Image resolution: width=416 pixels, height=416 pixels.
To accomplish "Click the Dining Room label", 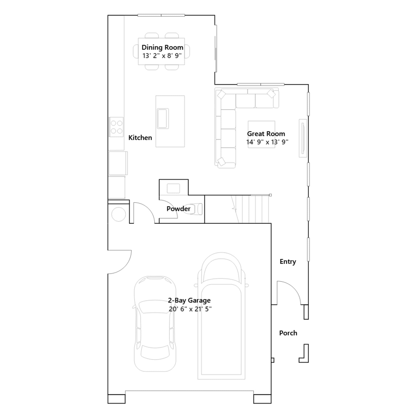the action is (162, 47).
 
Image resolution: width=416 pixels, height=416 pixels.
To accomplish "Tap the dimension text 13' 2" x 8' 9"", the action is (162, 56).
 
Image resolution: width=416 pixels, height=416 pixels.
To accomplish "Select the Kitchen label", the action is (140, 138).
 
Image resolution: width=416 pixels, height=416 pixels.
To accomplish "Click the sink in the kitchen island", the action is (163, 119).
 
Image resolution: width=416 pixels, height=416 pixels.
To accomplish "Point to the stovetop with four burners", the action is (116, 127).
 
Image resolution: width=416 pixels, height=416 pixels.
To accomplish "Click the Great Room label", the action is (266, 134).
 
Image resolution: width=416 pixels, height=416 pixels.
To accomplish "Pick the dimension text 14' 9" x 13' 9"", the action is (267, 142).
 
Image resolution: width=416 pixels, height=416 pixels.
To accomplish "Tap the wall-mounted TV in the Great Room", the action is (303, 138).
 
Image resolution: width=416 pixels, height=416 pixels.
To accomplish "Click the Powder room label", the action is (178, 209).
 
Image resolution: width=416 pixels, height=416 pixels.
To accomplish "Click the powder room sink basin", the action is (173, 188).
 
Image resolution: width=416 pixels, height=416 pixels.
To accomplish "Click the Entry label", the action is (288, 262).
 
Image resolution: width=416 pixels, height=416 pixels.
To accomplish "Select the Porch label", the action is (288, 333).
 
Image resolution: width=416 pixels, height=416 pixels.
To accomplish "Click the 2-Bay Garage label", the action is (189, 300).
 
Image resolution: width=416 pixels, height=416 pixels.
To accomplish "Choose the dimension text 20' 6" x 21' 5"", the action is (190, 309).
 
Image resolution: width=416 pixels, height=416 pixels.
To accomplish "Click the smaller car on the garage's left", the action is (155, 324).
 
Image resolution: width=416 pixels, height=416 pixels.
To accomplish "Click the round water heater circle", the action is (119, 214).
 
